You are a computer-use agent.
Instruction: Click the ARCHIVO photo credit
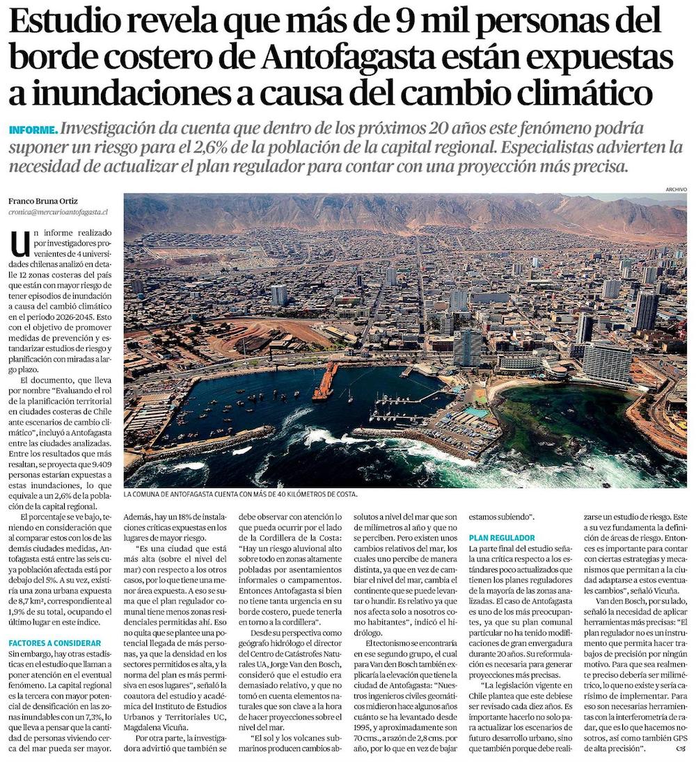point(675,188)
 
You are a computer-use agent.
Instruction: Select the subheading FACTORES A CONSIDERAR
point(56,643)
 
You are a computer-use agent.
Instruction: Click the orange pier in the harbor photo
point(324,382)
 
